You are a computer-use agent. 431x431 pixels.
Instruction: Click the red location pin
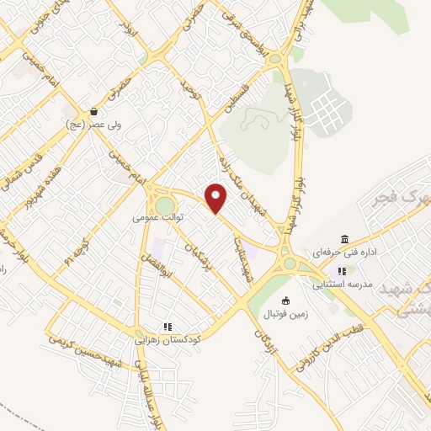216,198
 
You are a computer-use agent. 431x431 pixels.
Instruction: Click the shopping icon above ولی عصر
93,111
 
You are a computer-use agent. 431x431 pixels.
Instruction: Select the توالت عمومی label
157,217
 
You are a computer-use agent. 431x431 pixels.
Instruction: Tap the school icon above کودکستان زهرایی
168,327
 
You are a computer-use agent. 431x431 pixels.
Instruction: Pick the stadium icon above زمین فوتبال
285,301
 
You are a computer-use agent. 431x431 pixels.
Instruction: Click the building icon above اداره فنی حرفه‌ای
344,239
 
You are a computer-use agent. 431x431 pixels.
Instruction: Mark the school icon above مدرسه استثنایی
341,271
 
